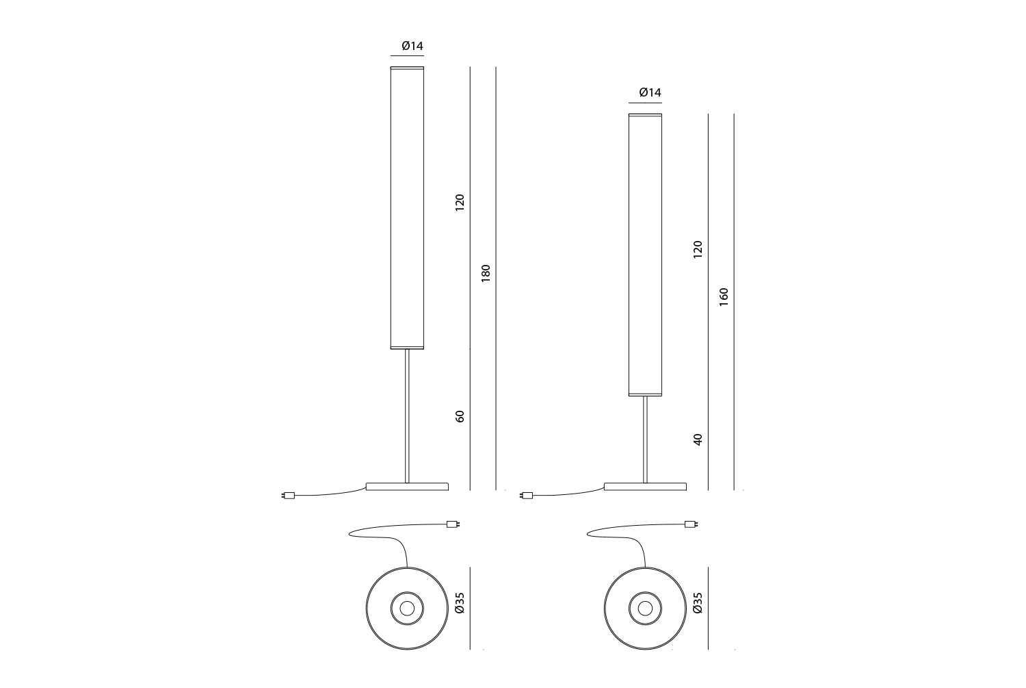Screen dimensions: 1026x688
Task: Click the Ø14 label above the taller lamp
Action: point(412,46)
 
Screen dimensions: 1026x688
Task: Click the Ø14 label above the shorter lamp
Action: point(650,92)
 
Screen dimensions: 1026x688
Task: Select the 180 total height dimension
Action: point(486,273)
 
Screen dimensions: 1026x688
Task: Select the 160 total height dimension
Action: point(724,297)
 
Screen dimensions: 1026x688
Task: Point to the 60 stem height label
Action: point(460,416)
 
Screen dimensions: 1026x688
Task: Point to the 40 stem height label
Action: point(698,439)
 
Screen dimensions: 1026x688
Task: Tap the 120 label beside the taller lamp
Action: point(460,203)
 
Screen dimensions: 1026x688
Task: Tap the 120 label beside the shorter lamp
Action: point(698,249)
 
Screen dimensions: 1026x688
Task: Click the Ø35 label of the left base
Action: point(460,602)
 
